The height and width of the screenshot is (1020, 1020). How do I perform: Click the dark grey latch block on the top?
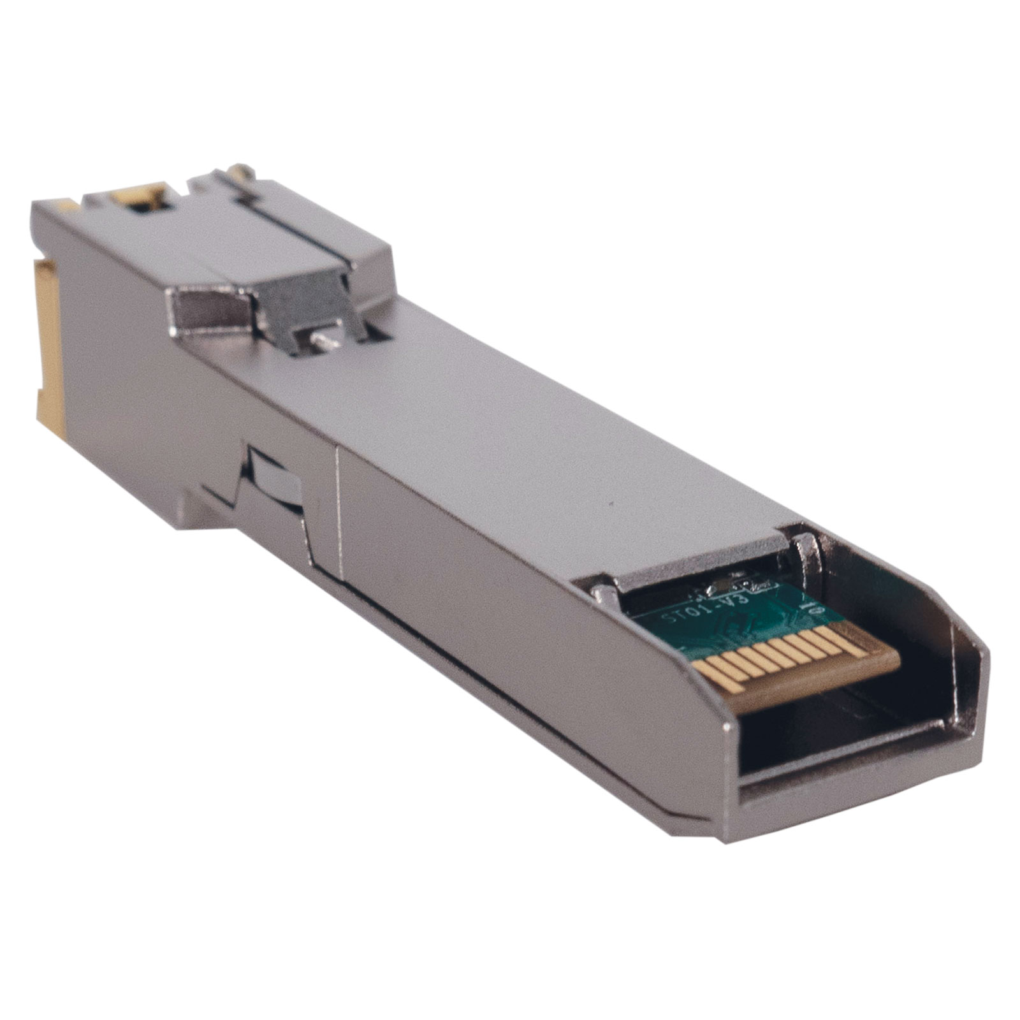tap(300, 312)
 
